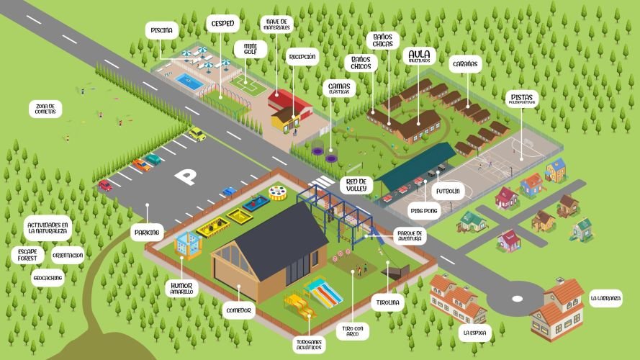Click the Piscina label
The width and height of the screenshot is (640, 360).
(162, 31)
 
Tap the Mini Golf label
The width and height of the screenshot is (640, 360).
(251, 49)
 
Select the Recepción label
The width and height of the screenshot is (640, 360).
(302, 56)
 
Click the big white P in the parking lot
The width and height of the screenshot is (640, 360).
(186, 176)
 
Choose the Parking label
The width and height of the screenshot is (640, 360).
(147, 233)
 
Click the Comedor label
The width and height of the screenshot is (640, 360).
(237, 310)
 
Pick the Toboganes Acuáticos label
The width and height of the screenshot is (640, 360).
(308, 345)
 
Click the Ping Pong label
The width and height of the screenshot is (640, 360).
(423, 212)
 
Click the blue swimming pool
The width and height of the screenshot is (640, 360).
(190, 81)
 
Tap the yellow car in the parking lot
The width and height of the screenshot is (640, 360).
(197, 134)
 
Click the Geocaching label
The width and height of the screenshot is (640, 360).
(48, 277)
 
